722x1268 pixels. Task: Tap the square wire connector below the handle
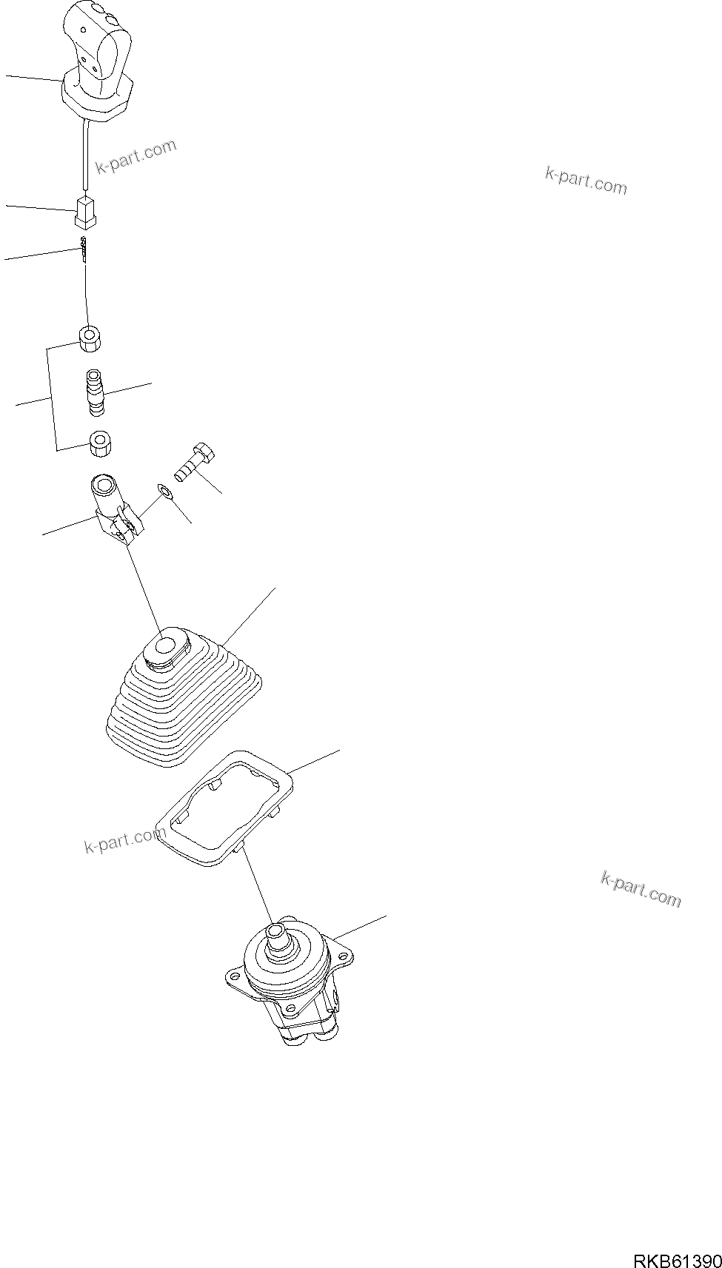[x=86, y=212]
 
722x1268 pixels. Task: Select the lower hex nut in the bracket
[x=99, y=443]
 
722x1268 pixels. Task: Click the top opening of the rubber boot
[x=168, y=646]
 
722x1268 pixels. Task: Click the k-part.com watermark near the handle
[x=136, y=156]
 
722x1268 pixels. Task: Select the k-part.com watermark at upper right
[x=586, y=180]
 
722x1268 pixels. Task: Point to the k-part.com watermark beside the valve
[x=641, y=888]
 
